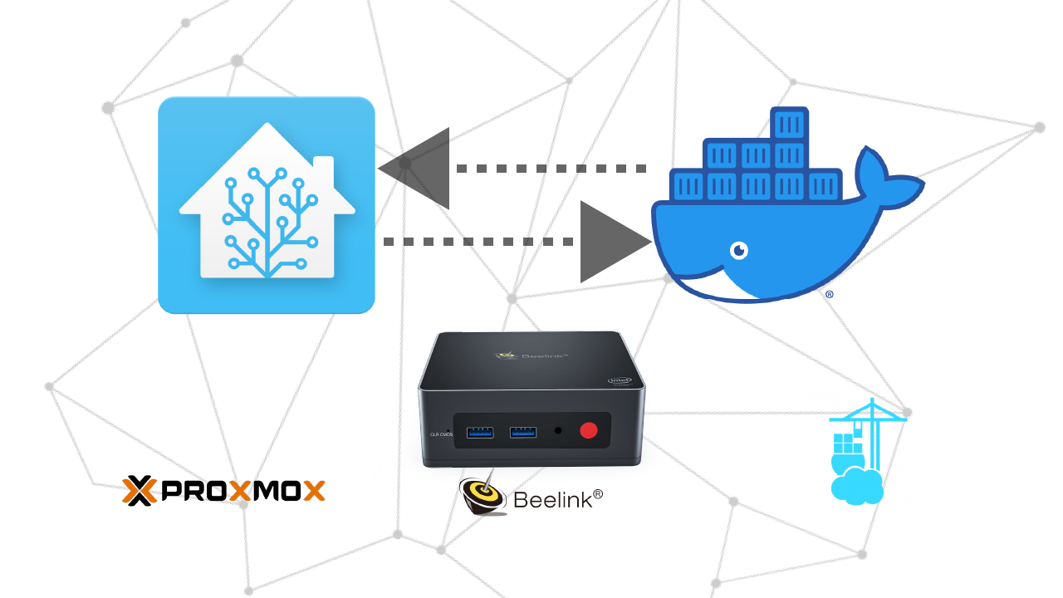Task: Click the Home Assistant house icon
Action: click(266, 205)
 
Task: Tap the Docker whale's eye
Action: click(738, 249)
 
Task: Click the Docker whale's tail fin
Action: click(885, 179)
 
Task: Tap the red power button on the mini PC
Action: click(589, 430)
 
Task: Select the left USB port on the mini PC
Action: click(481, 432)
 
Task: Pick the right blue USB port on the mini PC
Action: click(522, 432)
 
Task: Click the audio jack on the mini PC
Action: click(557, 431)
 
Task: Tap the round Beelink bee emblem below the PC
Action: click(483, 496)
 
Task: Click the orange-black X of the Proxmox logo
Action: click(140, 491)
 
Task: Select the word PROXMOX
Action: click(241, 491)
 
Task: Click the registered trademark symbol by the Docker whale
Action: click(829, 294)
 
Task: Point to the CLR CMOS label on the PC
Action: click(440, 434)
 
